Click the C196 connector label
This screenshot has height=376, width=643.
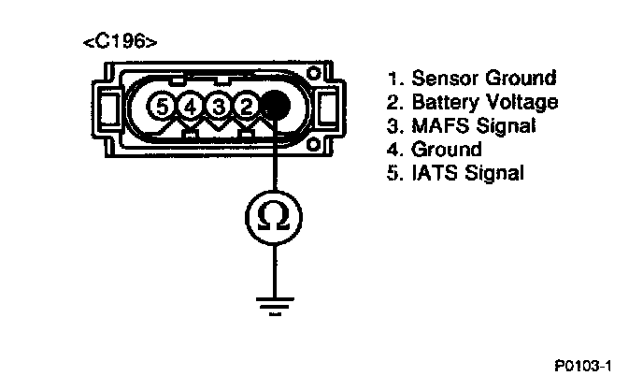(x=120, y=42)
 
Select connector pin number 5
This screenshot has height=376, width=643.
(x=164, y=107)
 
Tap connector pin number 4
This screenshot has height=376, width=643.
(x=191, y=107)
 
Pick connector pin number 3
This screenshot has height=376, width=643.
(x=218, y=107)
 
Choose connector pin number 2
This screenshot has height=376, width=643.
(x=245, y=107)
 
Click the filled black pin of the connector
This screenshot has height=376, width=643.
(x=274, y=106)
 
